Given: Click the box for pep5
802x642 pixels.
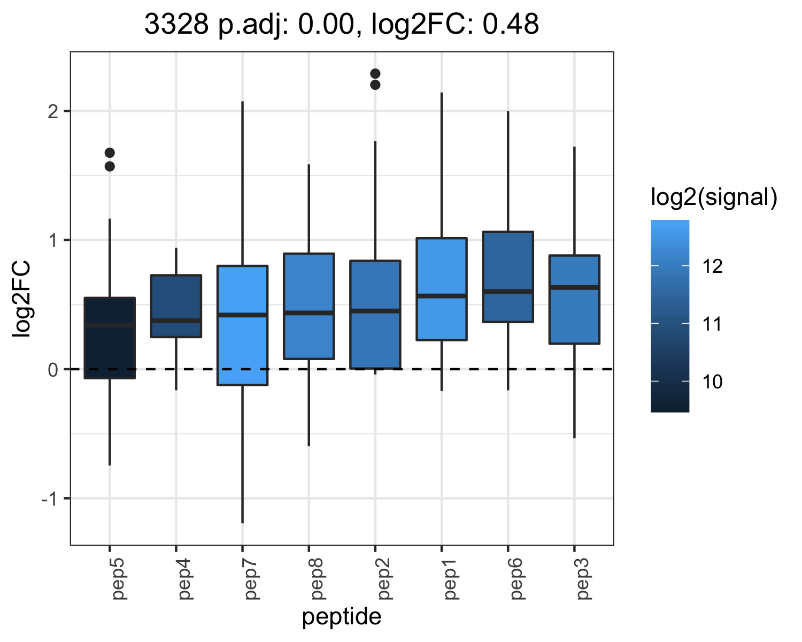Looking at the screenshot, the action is tap(110, 338).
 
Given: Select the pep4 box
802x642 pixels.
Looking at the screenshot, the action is tap(176, 306).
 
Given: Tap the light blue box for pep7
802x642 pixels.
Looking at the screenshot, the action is tap(243, 325).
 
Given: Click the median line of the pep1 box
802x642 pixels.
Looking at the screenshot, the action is tap(442, 296).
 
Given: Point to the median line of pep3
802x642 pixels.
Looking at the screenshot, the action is tap(574, 287).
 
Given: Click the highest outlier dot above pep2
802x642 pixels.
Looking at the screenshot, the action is tap(375, 73).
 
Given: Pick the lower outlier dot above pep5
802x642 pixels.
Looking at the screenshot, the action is tap(110, 166).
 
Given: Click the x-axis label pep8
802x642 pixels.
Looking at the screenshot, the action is tap(317, 579).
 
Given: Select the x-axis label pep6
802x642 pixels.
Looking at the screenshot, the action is tap(516, 579).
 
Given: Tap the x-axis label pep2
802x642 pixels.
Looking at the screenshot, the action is tap(383, 579).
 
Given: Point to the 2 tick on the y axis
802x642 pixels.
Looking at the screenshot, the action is tap(53, 111).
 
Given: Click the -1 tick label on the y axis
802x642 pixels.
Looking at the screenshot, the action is tap(50, 499).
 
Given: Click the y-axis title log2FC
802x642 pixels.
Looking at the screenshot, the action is tap(21, 299).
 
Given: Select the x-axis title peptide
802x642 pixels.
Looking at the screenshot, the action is tap(342, 617).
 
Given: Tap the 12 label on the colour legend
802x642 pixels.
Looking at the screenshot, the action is tap(712, 266).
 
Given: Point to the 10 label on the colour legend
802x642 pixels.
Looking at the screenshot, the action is tap(712, 382).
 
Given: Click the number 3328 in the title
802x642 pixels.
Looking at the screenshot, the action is tap(176, 24).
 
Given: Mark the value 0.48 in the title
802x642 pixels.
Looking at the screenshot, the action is tap(511, 24).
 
